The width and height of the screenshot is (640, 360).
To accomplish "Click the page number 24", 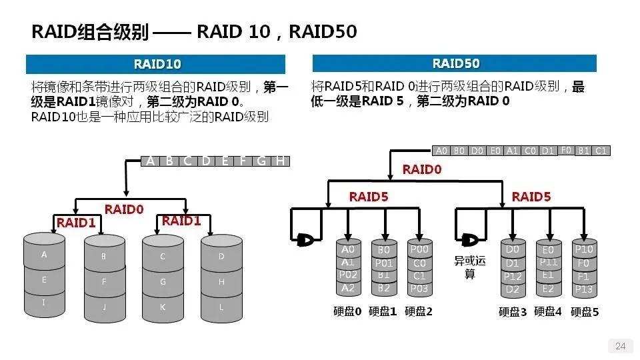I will pos(620,345).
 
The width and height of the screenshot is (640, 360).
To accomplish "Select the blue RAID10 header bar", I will pos(156,64).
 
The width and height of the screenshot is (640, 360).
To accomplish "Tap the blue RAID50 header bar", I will pos(455,63).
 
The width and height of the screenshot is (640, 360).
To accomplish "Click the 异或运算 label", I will pos(469,267).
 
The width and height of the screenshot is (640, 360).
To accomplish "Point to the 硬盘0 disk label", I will pos(347,311).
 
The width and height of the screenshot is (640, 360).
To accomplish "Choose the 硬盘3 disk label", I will pos(512,311).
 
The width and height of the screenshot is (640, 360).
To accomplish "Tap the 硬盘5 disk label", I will pos(585,311).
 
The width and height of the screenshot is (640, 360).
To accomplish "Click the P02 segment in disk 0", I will pos(348,275).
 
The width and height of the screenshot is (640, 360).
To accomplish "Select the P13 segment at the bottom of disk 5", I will pos(584,289).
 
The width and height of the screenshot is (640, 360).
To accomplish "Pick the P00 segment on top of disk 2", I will pos(419,249).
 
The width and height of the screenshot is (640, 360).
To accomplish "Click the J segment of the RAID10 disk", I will pos(104,307).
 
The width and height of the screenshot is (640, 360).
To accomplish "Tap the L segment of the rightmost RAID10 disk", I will pos(221,307).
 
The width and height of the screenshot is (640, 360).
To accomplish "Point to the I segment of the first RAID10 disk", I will pos(45,302).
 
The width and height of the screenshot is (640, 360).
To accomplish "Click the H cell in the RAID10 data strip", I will pos(281,161).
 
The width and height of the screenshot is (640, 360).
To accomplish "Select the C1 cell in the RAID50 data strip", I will pos(601,151).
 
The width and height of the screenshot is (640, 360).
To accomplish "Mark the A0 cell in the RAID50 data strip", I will pos(441,151).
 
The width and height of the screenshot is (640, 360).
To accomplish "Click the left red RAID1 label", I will pos(76,223).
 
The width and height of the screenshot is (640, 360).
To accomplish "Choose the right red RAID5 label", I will pos(531,197).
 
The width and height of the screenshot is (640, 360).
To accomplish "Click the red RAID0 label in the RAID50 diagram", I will pos(421,170).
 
